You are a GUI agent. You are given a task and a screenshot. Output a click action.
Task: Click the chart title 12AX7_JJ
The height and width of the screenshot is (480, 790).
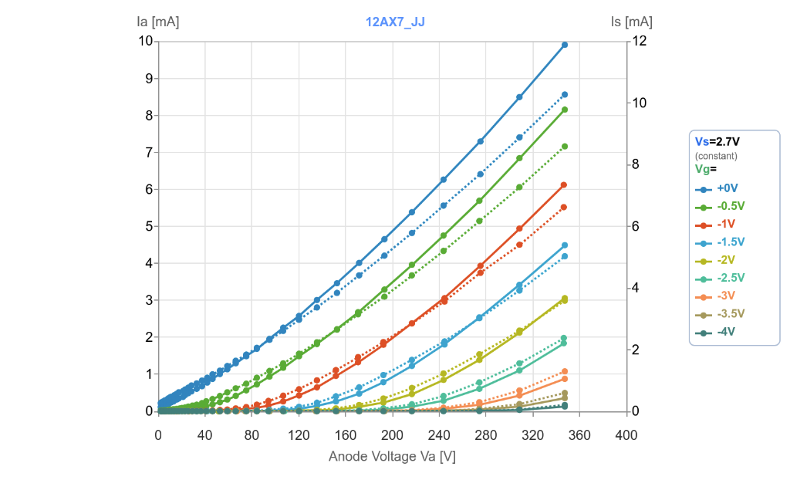coord(395,22)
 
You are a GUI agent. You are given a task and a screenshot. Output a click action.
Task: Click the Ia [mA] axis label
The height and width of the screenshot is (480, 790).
coord(157,22)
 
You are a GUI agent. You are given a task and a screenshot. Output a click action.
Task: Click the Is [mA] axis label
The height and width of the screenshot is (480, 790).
coord(631,22)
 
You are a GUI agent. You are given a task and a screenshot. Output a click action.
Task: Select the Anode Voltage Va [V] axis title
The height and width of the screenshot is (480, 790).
coord(392,456)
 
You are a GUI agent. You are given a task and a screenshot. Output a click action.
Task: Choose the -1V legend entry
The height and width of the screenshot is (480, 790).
coord(725,224)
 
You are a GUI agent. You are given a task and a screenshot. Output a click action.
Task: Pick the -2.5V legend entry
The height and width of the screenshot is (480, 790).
coord(730,278)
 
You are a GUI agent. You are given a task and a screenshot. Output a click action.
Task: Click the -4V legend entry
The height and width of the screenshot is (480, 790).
coord(725,332)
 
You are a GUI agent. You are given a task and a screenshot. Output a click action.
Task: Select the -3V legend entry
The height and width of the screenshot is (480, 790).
coord(725,296)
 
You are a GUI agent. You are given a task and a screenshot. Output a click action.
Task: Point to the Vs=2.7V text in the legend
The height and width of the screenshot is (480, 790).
coord(717,141)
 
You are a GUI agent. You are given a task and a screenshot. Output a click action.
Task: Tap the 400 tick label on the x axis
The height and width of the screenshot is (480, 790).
coord(626,436)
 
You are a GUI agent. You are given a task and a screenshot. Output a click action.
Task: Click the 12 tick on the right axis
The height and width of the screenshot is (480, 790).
coord(639,41)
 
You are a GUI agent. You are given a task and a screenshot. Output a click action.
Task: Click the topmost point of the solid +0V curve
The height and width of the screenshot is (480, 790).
coord(565,45)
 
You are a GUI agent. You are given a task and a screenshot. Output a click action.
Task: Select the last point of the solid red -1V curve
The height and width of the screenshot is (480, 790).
coord(565,185)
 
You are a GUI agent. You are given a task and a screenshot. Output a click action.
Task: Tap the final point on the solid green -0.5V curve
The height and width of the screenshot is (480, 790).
coord(565,110)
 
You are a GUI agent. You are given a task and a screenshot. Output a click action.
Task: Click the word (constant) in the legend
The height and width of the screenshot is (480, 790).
coord(716,156)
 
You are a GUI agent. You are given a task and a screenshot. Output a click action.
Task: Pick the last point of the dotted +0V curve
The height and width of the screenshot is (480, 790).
coord(565,94)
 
